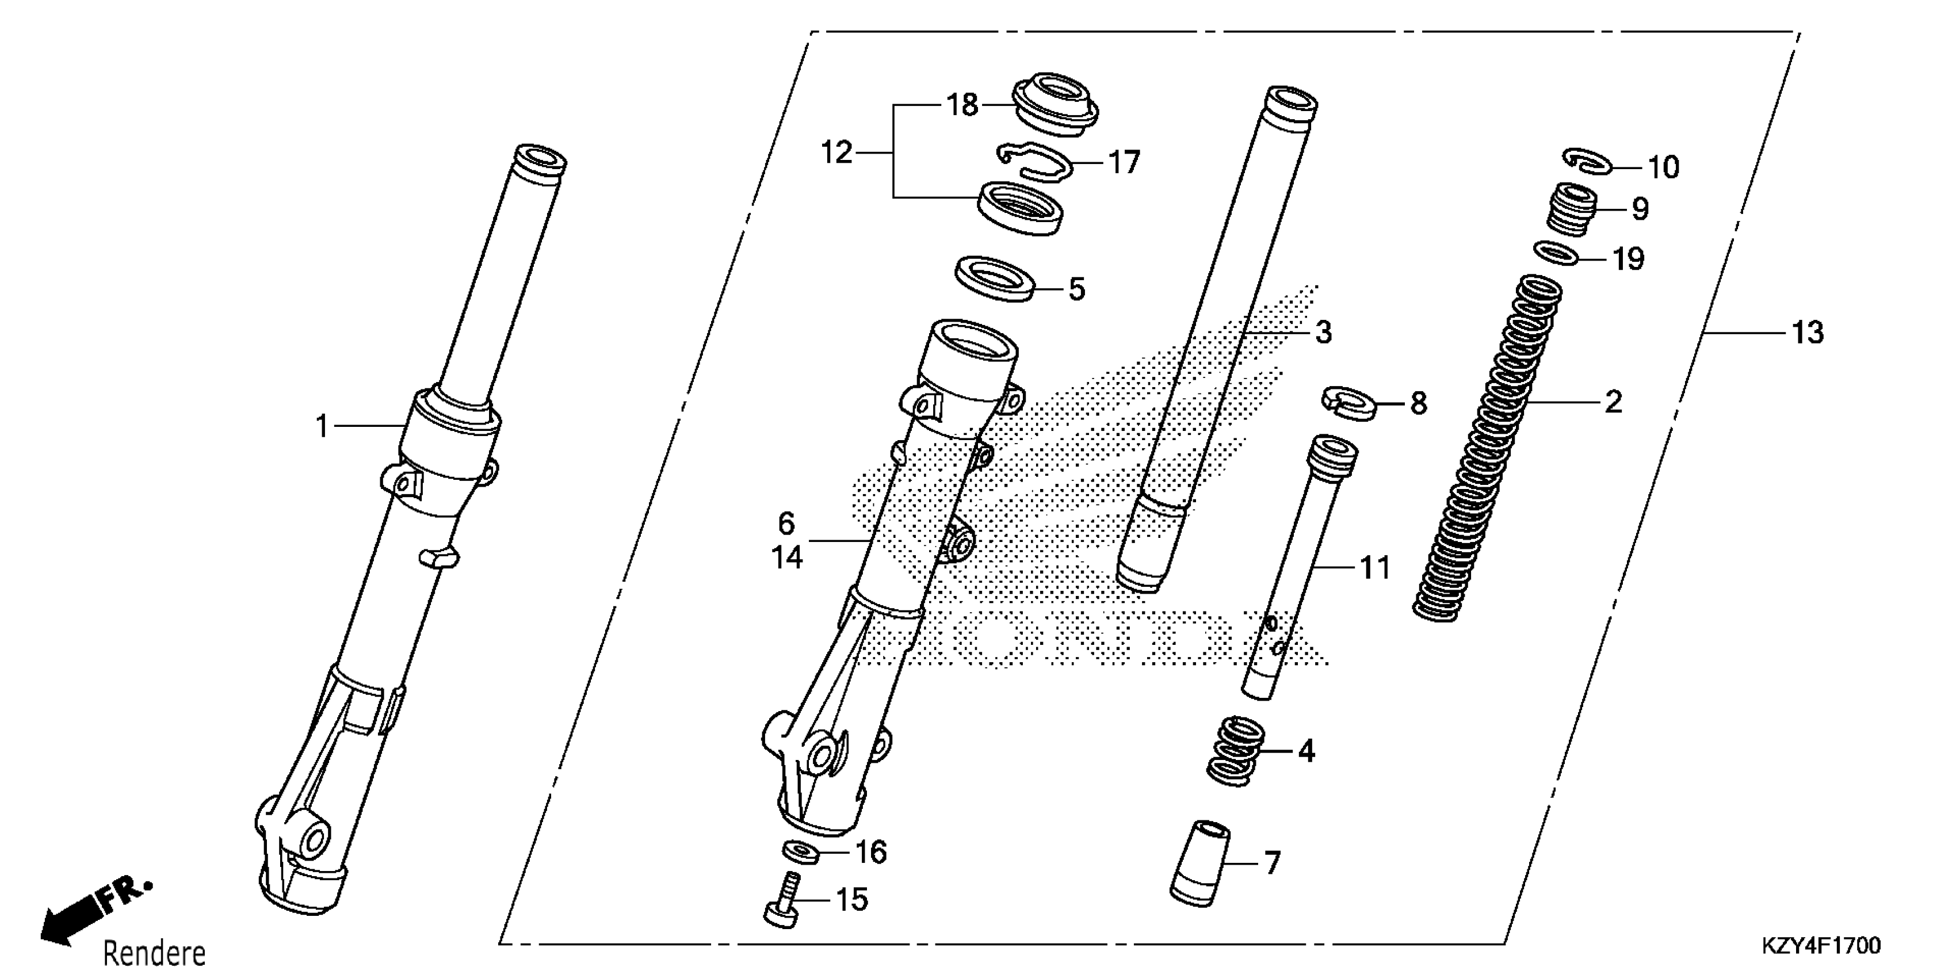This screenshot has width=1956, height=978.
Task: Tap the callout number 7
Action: (x=1273, y=864)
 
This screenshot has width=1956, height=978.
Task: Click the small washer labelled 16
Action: (x=800, y=852)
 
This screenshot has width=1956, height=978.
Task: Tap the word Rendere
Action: (x=154, y=953)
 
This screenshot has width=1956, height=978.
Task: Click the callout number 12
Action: (x=837, y=154)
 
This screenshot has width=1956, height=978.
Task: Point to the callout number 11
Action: (x=1374, y=567)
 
